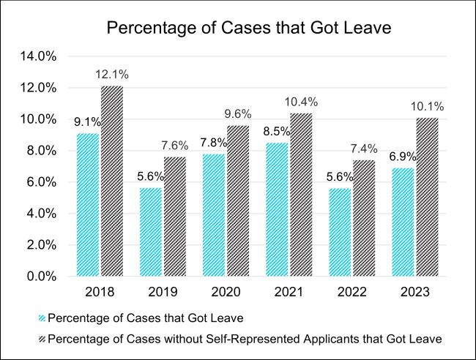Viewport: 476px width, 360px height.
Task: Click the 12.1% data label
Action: coord(112,75)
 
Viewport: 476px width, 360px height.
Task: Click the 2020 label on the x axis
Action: coord(227,292)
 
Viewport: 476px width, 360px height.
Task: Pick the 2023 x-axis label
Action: coord(415,292)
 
